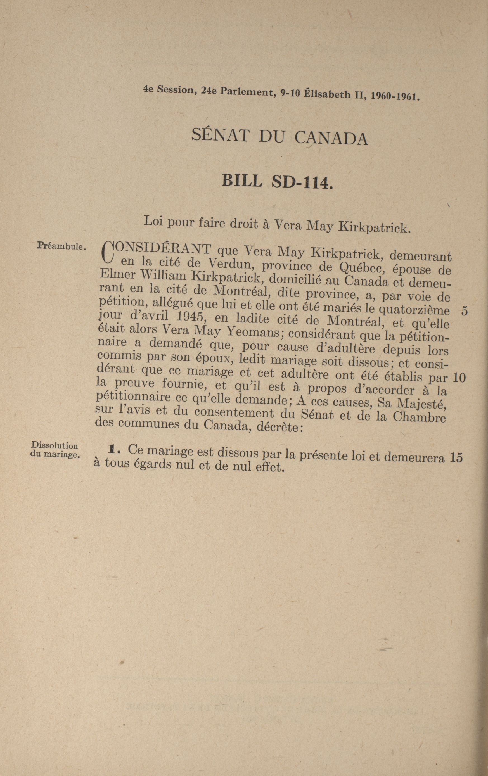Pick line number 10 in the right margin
[x=459, y=377]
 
